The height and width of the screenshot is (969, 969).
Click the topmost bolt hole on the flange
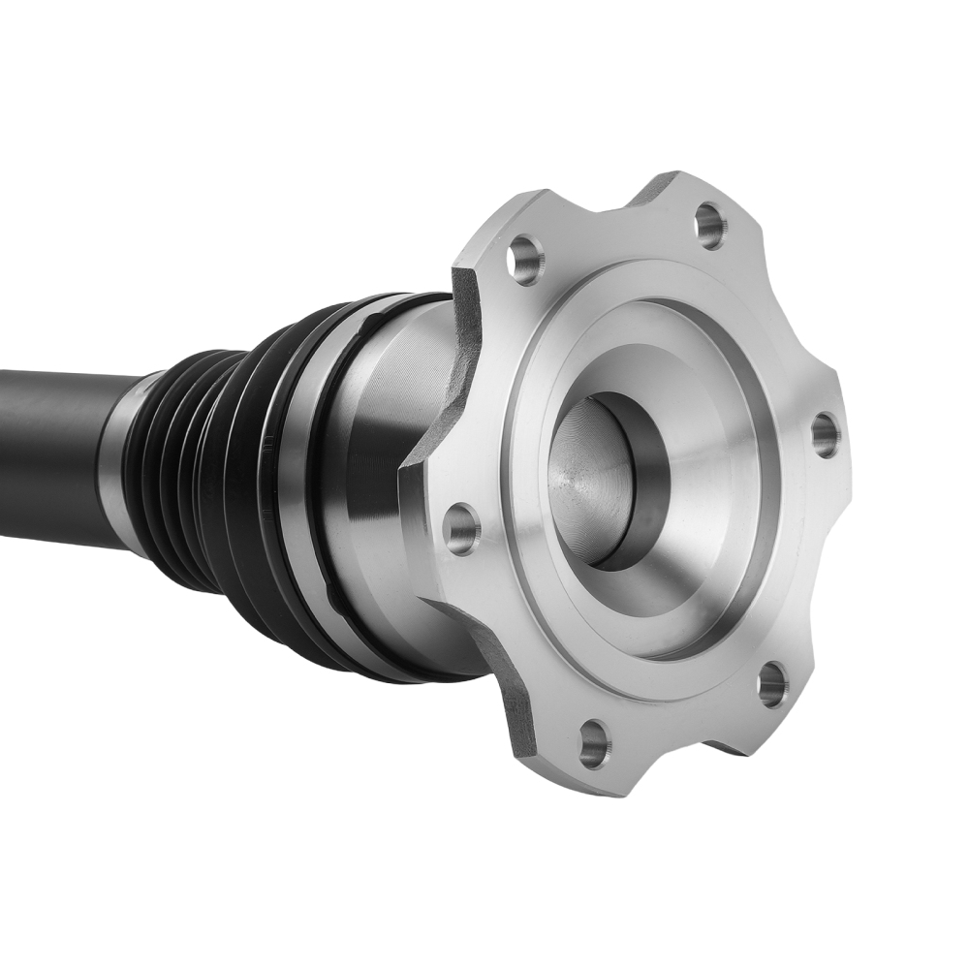(x=711, y=226)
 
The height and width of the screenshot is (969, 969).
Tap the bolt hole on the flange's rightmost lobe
(x=825, y=434)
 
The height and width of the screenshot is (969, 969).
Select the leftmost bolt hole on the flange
(x=461, y=529)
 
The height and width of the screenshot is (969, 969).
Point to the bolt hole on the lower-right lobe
(x=772, y=684)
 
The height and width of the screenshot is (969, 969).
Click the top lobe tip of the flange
(x=678, y=184)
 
